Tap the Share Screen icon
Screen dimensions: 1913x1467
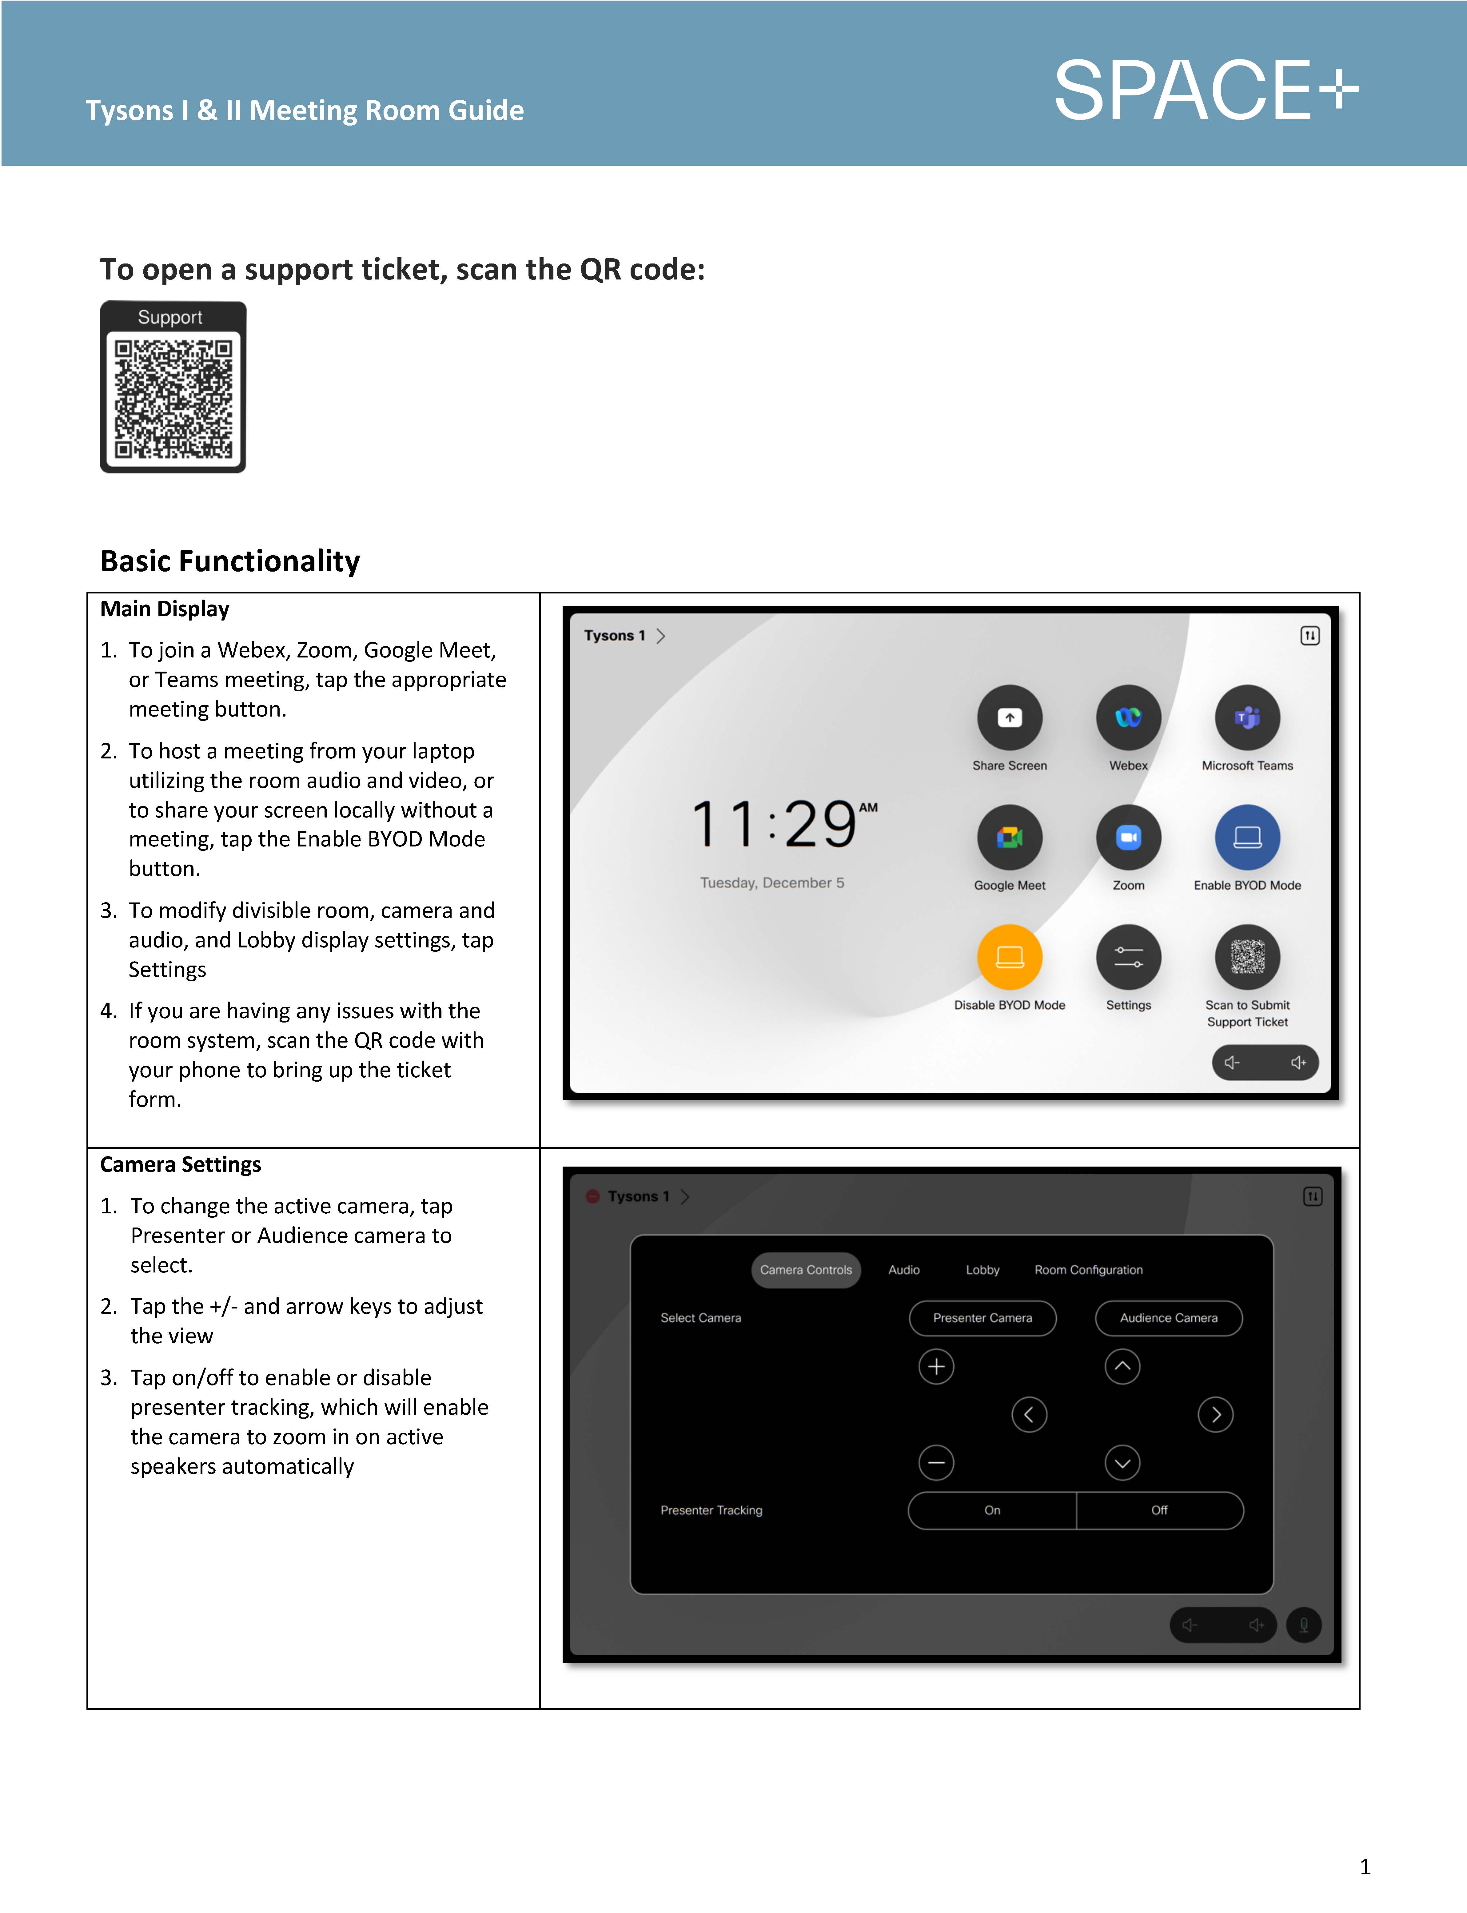[1010, 717]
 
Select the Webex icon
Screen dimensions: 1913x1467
[1128, 717]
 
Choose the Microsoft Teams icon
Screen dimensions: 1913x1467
[1247, 717]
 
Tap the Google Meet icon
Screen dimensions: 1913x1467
[1010, 837]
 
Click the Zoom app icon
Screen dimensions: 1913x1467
[1128, 837]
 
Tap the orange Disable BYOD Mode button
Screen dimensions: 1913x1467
[1010, 957]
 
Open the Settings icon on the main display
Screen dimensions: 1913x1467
[1128, 957]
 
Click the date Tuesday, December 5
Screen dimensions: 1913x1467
[772, 882]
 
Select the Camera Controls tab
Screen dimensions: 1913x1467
[805, 1269]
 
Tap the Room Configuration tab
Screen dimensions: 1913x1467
[1088, 1269]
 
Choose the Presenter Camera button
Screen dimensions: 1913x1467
[983, 1317]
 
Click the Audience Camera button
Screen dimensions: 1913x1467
[1168, 1317]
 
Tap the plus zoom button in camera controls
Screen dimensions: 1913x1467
[936, 1366]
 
